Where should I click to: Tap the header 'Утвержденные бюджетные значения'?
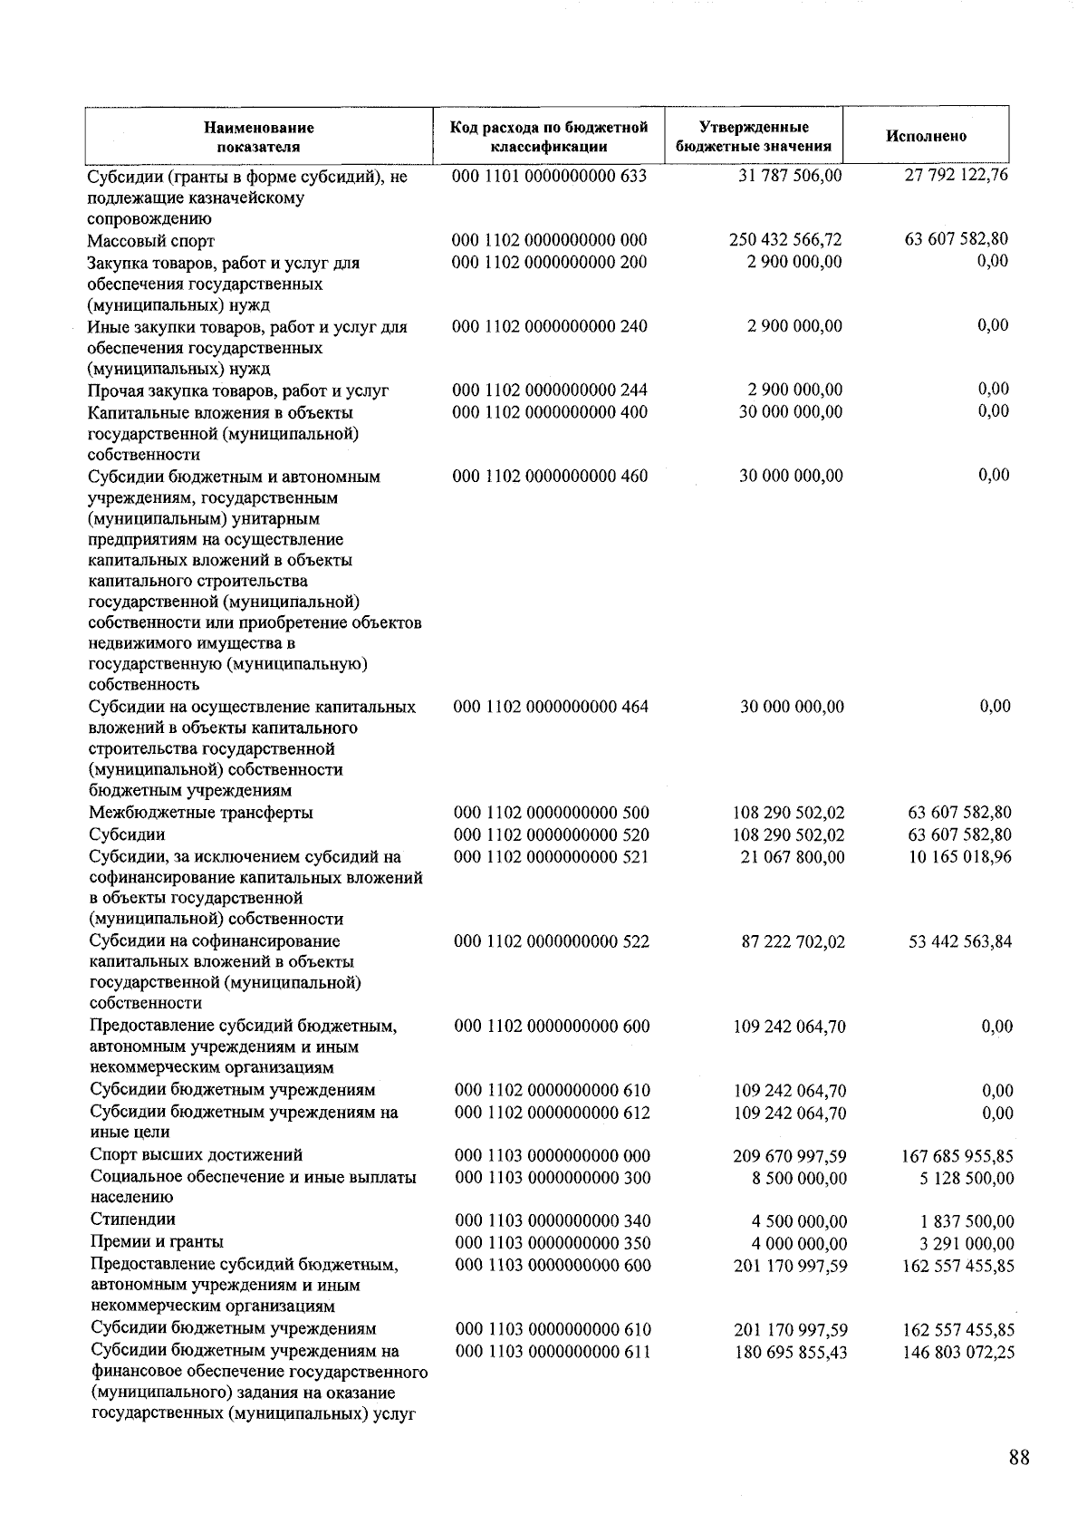[x=754, y=137]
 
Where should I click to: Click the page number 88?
[x=1018, y=1458]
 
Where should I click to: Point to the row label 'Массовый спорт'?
[x=151, y=241]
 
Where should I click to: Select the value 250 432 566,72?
[x=784, y=240]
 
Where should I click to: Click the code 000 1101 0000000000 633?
[x=549, y=176]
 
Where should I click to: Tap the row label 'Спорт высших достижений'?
[x=197, y=1155]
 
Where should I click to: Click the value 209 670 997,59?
[x=790, y=1156]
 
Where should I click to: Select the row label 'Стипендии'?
[x=133, y=1220]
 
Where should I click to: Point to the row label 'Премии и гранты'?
[x=157, y=1242]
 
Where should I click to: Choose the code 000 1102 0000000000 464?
[x=551, y=707]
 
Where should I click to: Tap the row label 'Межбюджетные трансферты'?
[x=201, y=813]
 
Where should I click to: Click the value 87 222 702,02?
[x=793, y=942]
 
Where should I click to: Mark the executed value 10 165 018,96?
[x=960, y=856]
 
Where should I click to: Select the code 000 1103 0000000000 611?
[x=553, y=1352]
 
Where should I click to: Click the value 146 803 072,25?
[x=958, y=1353]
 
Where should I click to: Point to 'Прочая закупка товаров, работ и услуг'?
[x=238, y=391]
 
